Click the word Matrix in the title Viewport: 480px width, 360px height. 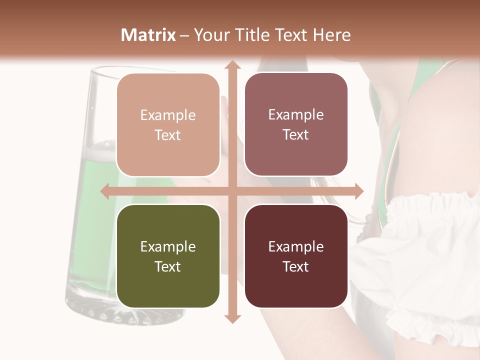[148, 35]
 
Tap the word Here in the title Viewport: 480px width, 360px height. [331, 35]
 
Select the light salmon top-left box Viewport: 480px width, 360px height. [168, 125]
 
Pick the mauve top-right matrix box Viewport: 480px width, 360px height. [296, 124]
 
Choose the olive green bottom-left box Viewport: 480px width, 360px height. [168, 256]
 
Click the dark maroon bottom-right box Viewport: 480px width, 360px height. [296, 256]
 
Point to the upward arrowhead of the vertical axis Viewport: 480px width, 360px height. [232, 65]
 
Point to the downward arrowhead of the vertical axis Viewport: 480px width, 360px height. [232, 318]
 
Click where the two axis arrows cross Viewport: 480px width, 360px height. [232, 191]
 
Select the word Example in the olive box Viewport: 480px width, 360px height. [168, 246]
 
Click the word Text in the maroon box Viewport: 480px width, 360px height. [296, 266]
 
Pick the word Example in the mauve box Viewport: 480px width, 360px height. [296, 114]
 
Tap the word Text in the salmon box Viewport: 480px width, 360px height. [168, 135]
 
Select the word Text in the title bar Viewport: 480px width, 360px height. [291, 35]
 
